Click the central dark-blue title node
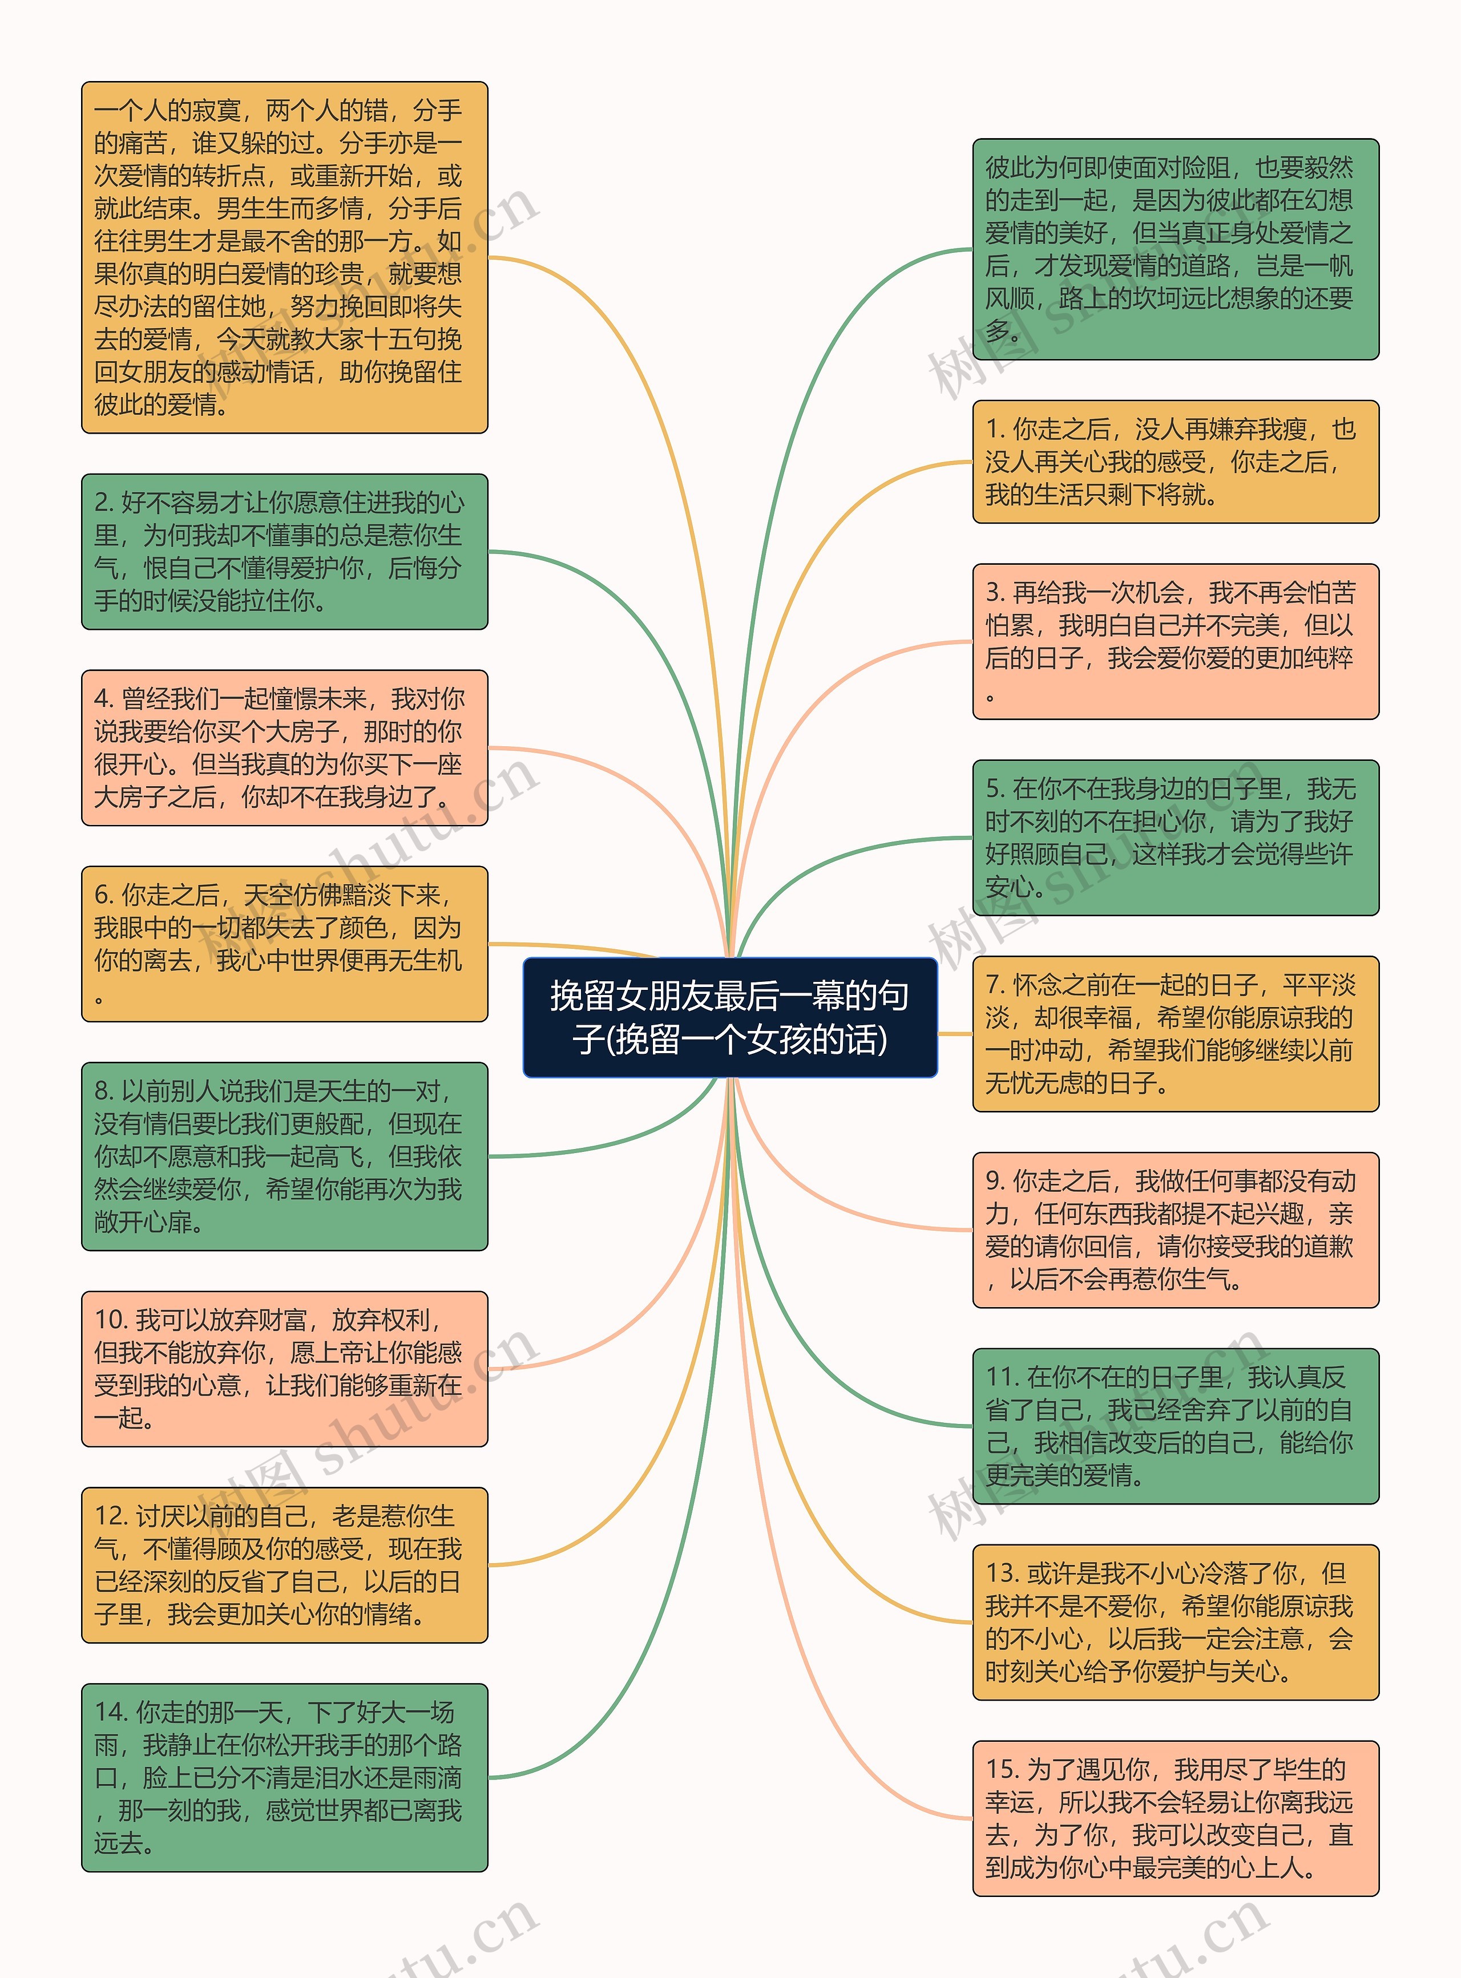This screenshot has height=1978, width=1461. tap(729, 1017)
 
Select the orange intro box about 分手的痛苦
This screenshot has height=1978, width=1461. tap(284, 257)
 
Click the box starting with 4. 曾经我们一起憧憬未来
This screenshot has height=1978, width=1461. tap(284, 747)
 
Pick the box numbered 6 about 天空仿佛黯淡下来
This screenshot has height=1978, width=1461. tap(284, 944)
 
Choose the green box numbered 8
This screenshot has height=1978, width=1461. tap(284, 1156)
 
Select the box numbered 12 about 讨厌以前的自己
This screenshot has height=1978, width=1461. tap(284, 1564)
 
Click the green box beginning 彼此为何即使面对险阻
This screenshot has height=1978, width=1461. tap(1175, 249)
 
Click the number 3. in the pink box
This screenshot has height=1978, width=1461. tap(995, 592)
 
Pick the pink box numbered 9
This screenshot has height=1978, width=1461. tap(1175, 1229)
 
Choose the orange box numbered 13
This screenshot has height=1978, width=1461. tap(1175, 1621)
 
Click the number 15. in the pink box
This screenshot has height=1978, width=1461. tap(1003, 1769)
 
